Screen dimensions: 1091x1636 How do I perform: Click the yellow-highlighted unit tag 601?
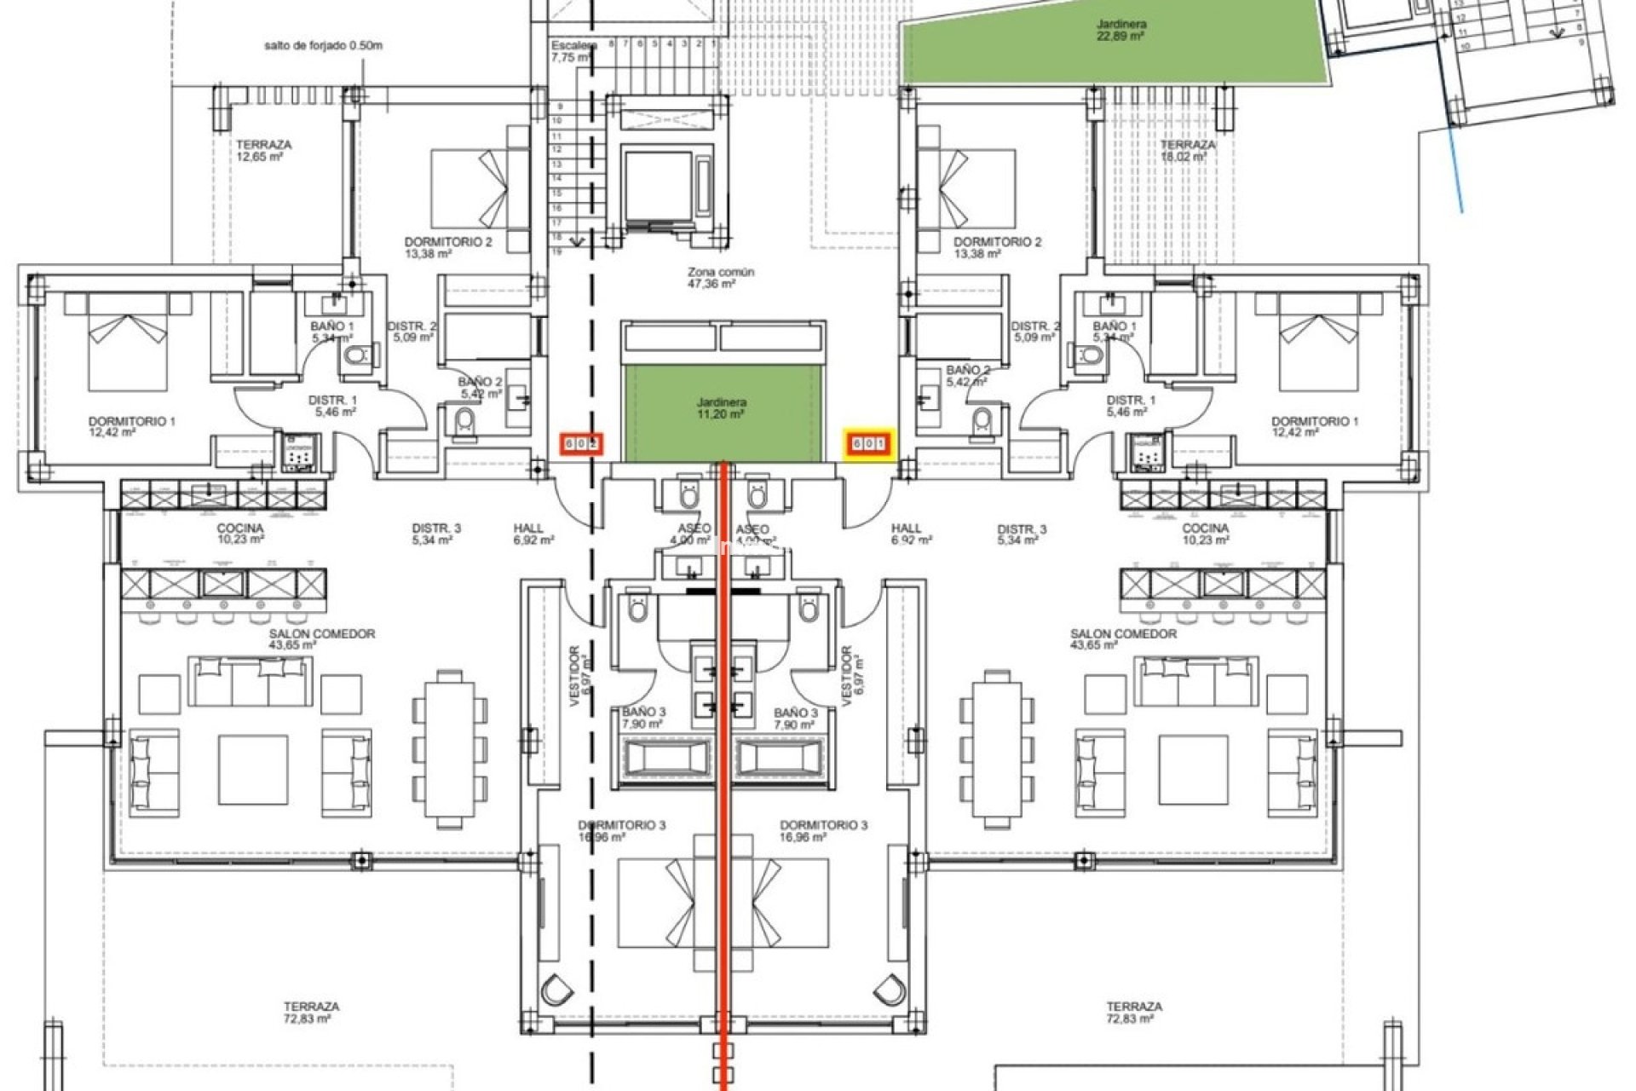[868, 444]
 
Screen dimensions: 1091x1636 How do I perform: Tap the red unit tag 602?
[581, 444]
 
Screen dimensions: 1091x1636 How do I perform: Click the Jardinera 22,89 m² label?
[1120, 31]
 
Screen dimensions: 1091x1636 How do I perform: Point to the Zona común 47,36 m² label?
[721, 278]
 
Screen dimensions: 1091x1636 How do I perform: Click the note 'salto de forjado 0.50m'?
[323, 46]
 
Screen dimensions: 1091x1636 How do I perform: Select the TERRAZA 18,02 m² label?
[1187, 151]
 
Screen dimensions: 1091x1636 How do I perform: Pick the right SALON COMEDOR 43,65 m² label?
[1123, 639]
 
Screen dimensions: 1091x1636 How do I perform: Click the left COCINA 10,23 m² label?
[240, 534]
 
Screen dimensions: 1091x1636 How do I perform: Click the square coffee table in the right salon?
[1192, 770]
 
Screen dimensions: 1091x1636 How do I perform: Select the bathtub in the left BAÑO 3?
[666, 757]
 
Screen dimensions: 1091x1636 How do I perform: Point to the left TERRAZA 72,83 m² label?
[311, 1013]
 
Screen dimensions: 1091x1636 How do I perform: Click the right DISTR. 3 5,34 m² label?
[1022, 534]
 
